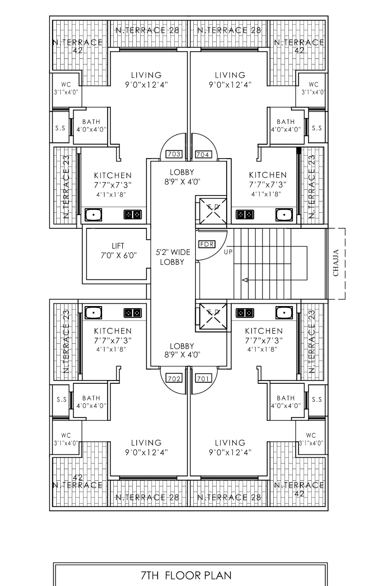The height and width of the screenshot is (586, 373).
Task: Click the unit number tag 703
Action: [174, 154]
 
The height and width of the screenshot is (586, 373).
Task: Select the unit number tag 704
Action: [203, 154]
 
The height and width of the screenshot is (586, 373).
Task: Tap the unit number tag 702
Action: [174, 379]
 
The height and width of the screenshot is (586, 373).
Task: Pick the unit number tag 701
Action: [203, 379]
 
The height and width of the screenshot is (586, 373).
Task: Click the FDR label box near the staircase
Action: [207, 244]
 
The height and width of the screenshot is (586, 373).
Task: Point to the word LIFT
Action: [118, 246]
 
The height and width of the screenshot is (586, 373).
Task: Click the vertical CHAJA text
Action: [336, 263]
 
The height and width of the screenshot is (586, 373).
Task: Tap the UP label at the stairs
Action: [228, 252]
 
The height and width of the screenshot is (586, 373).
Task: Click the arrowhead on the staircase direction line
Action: [245, 280]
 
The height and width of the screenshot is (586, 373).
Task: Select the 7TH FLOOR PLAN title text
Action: [186, 575]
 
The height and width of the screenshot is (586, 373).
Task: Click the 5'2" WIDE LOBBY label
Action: [173, 257]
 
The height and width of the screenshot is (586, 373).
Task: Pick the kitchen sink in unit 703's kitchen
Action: [93, 215]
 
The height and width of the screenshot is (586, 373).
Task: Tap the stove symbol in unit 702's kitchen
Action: [133, 313]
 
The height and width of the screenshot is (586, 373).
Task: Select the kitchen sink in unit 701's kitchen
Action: [284, 313]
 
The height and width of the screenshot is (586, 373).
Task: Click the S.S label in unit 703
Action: [60, 128]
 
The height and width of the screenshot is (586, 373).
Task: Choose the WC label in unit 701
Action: [311, 435]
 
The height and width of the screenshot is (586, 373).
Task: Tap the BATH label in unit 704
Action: [286, 122]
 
